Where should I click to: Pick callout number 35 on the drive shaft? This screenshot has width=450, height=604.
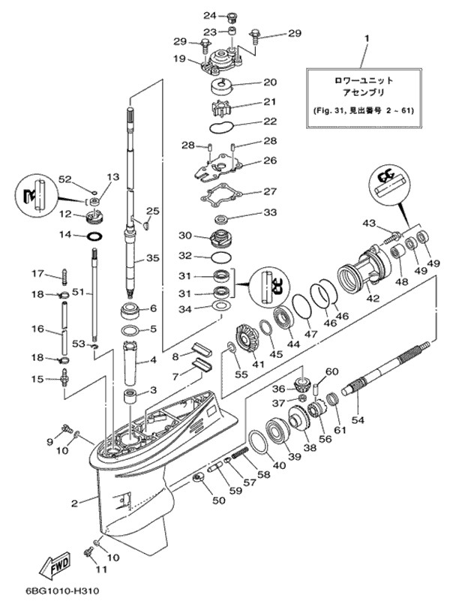(153, 259)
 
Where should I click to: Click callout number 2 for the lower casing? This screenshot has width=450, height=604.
(74, 503)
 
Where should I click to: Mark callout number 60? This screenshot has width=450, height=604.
(331, 372)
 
